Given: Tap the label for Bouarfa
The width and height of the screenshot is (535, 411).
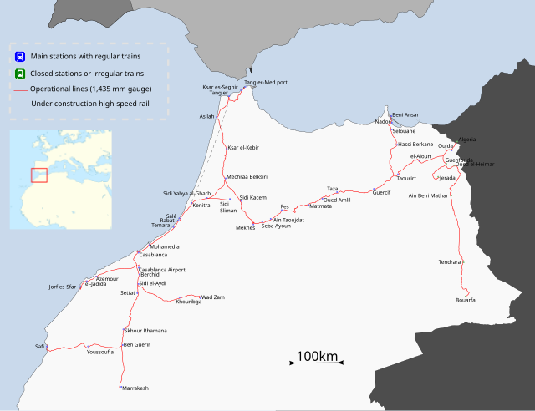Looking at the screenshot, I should tap(466, 300).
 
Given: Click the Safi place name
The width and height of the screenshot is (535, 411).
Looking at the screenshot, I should tap(39, 345).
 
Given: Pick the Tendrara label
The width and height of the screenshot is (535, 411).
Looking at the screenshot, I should tap(450, 262).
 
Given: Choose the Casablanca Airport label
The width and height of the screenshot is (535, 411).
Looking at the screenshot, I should tap(161, 269).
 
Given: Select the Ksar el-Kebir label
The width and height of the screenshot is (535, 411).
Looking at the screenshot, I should tap(242, 148).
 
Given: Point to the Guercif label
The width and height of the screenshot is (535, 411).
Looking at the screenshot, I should tap(381, 193).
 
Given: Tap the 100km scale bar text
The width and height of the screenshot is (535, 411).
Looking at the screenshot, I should tap(317, 357).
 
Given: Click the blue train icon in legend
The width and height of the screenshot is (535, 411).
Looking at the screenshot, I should tap(19, 57).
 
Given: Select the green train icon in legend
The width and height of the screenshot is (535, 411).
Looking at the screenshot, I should tap(19, 73).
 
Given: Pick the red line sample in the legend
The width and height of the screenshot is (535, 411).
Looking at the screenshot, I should tap(19, 89).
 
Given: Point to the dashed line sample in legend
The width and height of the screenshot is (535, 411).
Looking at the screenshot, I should tap(19, 104).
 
